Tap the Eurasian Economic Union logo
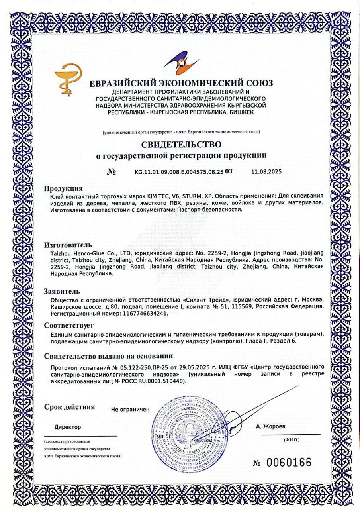point(181,65)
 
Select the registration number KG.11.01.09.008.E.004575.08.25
point(179,172)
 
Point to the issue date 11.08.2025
point(266,172)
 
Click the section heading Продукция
point(63,188)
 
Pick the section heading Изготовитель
point(68,245)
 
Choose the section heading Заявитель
point(64,291)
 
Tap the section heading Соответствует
point(69,325)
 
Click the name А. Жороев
point(271,426)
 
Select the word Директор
point(68,427)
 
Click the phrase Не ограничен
point(130,409)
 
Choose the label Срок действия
point(69,407)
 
